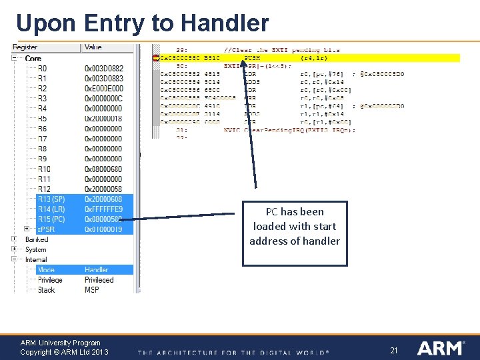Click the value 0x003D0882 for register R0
coord(104,68)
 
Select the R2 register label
coord(42,88)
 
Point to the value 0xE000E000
coord(104,88)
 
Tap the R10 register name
coord(44,169)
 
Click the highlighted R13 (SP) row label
coord(51,199)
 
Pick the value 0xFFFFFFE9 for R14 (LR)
coord(104,209)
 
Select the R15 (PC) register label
coord(51,219)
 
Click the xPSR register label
coord(46,229)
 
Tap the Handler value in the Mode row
coord(97,270)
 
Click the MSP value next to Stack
coord(92,290)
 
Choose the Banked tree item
coord(37,239)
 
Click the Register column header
coord(25,47)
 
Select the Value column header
coord(94,47)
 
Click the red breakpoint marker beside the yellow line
coord(156,58)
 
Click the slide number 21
coord(393,350)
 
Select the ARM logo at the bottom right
coord(441,348)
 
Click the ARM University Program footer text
coord(61,343)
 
